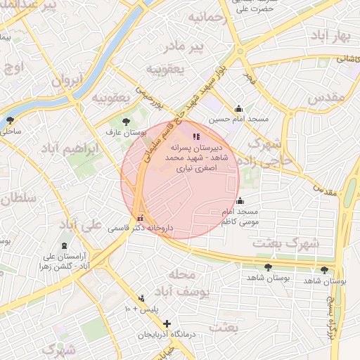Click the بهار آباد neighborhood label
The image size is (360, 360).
point(333,36)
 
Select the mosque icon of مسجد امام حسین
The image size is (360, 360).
point(239,108)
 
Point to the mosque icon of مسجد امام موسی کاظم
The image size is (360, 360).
point(240,200)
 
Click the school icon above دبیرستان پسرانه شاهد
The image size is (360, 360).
point(195,136)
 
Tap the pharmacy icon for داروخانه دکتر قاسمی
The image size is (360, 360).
point(141,217)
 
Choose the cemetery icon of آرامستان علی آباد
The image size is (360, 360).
point(65,245)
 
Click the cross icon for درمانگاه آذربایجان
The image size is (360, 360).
point(167,323)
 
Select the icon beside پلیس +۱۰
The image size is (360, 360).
point(142,298)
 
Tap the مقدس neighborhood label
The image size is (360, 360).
point(327,97)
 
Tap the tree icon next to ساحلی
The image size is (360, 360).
point(10,120)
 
